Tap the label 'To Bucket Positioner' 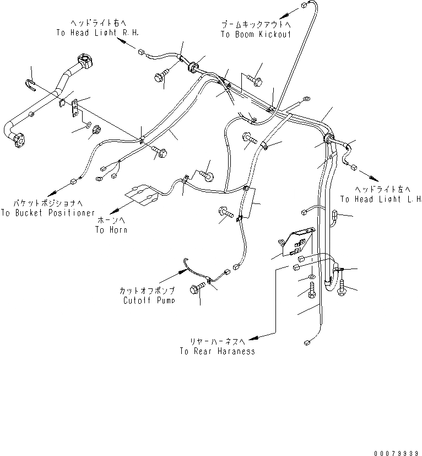click(48, 213)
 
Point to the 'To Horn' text click(111, 229)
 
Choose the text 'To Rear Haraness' click(217, 351)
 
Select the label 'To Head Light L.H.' click(381, 199)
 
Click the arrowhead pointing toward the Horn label click(112, 211)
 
